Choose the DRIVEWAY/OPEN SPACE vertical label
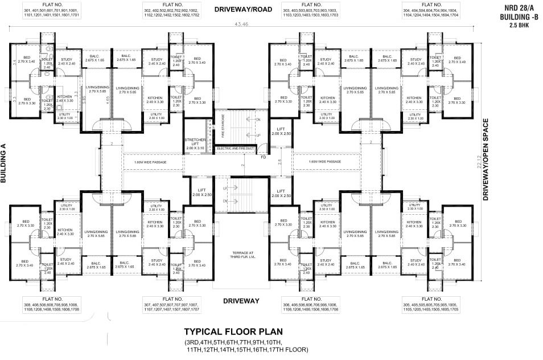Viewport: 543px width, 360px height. [x=486, y=161]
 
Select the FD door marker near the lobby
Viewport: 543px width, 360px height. [x=263, y=157]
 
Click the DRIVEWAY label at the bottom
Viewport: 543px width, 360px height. [x=241, y=300]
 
